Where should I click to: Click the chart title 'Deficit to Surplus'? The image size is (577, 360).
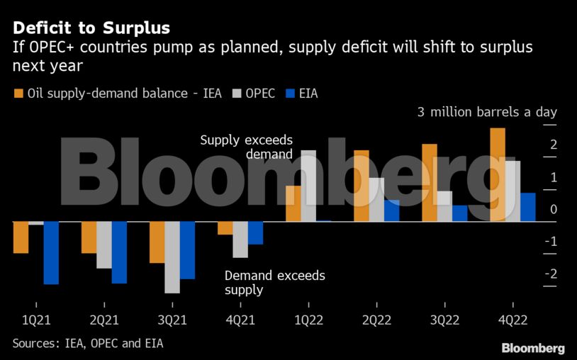click(x=91, y=28)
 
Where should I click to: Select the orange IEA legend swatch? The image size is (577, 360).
click(x=18, y=93)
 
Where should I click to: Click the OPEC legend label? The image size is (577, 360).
click(x=260, y=93)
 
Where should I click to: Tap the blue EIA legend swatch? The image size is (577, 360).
click(x=289, y=93)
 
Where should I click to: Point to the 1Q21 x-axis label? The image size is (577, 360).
click(x=36, y=320)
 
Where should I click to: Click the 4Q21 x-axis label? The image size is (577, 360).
click(x=240, y=320)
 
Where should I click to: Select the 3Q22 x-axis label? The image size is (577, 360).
click(x=444, y=320)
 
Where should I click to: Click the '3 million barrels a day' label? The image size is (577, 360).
click(x=487, y=112)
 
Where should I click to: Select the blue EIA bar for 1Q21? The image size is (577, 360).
click(x=51, y=253)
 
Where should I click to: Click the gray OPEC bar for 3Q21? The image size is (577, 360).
click(x=172, y=257)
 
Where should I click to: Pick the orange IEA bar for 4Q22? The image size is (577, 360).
click(x=498, y=174)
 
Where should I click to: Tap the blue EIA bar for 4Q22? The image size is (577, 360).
click(x=527, y=207)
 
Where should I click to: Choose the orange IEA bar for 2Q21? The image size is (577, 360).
click(x=89, y=237)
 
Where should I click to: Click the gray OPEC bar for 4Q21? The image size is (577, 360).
click(x=240, y=240)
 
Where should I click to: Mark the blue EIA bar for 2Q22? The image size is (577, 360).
click(x=391, y=210)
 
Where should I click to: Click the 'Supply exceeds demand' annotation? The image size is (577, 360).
click(x=246, y=147)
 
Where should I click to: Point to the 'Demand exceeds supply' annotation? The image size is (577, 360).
click(x=274, y=282)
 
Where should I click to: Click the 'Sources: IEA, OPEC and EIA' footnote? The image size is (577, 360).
click(x=92, y=343)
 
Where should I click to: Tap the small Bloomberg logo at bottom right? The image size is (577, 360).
click(x=532, y=348)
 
